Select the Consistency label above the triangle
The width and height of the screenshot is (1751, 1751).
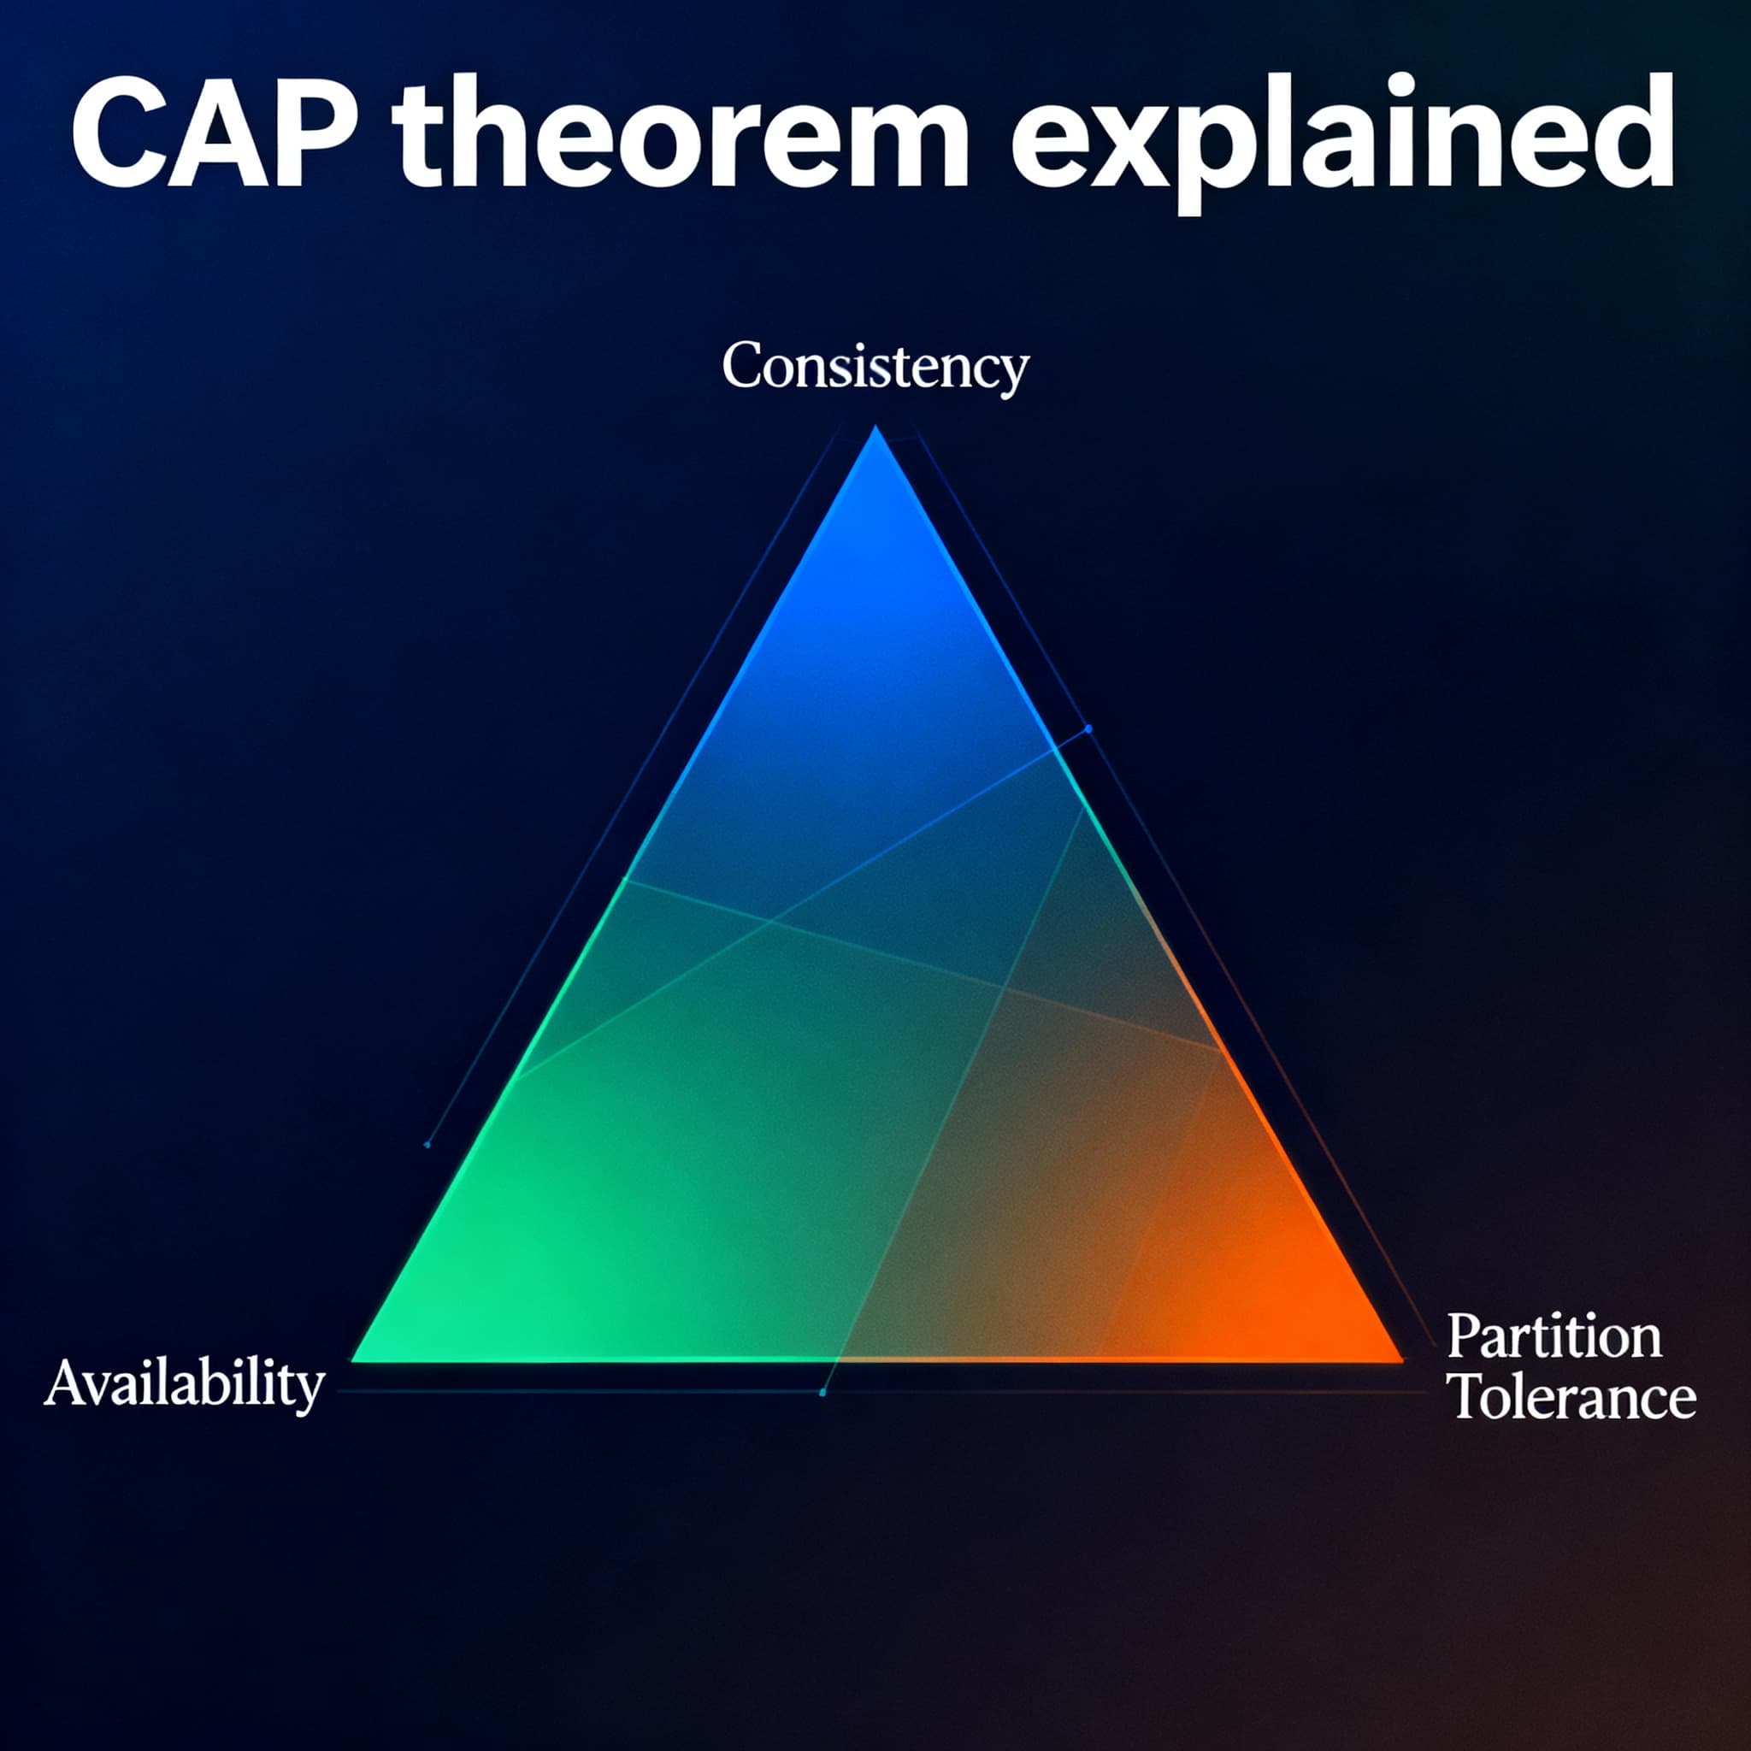click(875, 368)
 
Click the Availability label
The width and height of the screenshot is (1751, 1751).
click(184, 1385)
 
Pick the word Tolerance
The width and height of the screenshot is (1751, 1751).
click(1574, 1398)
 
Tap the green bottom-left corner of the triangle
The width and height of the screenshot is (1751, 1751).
click(359, 1358)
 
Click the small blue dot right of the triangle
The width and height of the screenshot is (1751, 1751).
click(1088, 728)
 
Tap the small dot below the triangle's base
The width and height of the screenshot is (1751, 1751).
click(822, 1392)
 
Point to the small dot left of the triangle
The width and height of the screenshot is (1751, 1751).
click(427, 1145)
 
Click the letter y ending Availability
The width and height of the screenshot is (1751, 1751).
click(309, 1391)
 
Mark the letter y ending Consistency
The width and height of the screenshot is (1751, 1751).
click(1013, 374)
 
